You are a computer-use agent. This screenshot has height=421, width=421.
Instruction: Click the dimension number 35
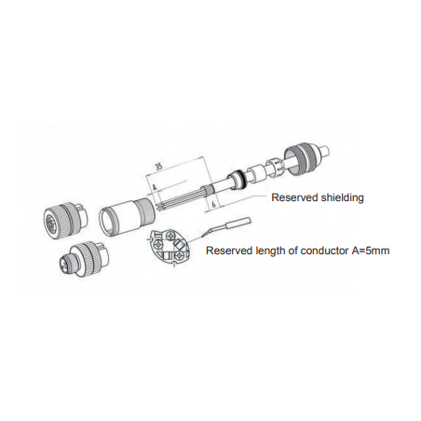pos(159,167)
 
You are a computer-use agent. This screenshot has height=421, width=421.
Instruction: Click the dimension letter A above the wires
pos(154,187)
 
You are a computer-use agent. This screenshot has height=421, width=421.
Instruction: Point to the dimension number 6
pos(213,205)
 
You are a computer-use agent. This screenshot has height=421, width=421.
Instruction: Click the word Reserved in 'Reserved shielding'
pos(292,197)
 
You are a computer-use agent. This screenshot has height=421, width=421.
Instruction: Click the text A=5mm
pos(371,251)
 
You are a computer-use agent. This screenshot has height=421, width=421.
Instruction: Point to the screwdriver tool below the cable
pos(226,226)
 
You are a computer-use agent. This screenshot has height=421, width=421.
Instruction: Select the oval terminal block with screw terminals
pos(170,246)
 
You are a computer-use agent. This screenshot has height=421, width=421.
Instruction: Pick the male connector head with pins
pos(83,259)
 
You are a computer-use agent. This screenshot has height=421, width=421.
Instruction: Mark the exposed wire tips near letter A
pos(159,206)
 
